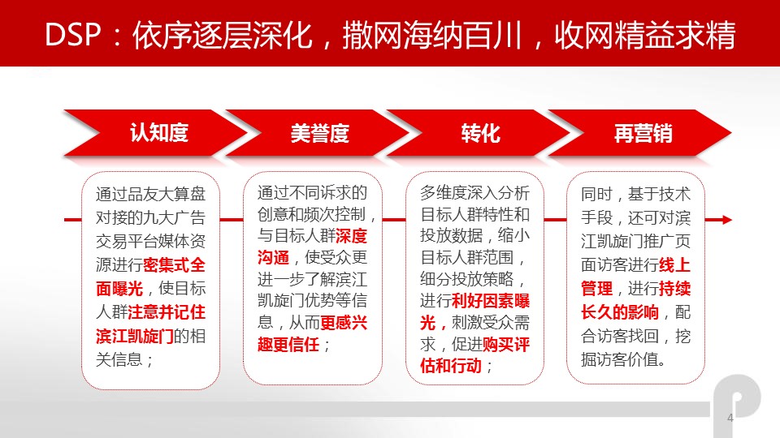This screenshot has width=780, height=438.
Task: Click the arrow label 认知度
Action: pyautogui.click(x=159, y=133)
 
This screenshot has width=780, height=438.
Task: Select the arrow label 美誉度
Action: pyautogui.click(x=320, y=134)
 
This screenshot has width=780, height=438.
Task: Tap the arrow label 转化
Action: pyautogui.click(x=480, y=134)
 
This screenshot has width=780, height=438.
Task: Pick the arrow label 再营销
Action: pyautogui.click(x=643, y=134)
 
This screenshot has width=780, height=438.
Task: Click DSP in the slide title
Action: pyautogui.click(x=73, y=35)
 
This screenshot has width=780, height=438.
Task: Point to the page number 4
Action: pyautogui.click(x=730, y=418)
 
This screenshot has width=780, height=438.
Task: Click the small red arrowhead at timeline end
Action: pyautogui.click(x=726, y=220)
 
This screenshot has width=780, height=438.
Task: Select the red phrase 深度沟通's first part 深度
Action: pyautogui.click(x=351, y=236)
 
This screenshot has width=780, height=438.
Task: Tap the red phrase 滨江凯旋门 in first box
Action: pyautogui.click(x=135, y=336)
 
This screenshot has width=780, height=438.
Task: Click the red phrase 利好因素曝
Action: pyautogui.click(x=491, y=301)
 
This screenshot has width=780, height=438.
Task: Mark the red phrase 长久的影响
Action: pyautogui.click(x=620, y=312)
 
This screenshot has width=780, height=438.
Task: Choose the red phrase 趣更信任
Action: pyautogui.click(x=288, y=344)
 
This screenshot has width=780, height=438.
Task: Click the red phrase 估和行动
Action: pyautogui.click(x=451, y=366)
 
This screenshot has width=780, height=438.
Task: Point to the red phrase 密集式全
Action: pyautogui.click(x=174, y=264)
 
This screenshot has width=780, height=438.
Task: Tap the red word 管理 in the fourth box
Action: pyautogui.click(x=596, y=289)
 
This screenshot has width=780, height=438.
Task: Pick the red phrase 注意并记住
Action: pyautogui.click(x=167, y=312)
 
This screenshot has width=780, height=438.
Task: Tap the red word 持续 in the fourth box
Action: pyautogui.click(x=675, y=289)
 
